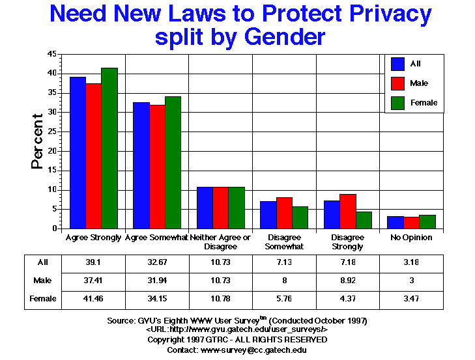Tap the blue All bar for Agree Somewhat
tap(141, 165)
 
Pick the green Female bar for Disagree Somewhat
tap(300, 217)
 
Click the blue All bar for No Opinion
tap(396, 222)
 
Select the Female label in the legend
tap(424, 103)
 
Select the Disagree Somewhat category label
tap(283, 242)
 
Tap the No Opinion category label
tap(411, 238)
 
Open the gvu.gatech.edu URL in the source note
tap(237, 330)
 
